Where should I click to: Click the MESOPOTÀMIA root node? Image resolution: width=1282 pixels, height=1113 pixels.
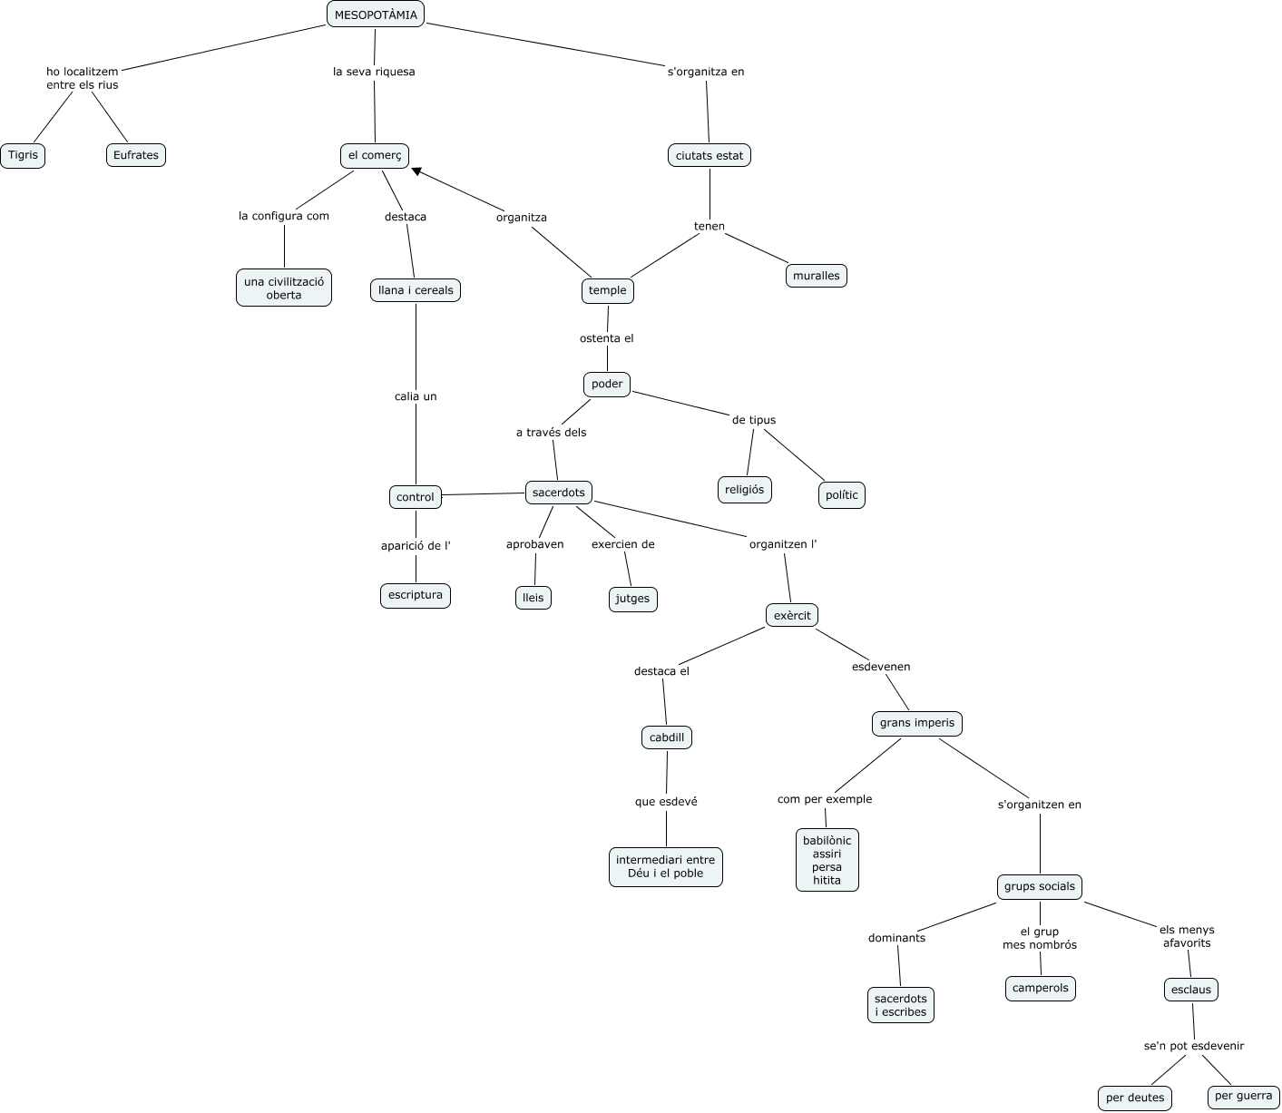point(376,14)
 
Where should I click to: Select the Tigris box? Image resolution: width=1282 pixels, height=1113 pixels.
point(23,155)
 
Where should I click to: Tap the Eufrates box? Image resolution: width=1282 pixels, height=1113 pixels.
point(136,155)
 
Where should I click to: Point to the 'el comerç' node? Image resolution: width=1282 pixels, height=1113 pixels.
point(375,155)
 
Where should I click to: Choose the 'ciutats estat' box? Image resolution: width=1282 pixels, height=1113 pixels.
point(710,155)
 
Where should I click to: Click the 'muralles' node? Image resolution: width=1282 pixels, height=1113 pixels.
point(817,275)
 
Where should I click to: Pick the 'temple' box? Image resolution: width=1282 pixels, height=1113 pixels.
point(608,290)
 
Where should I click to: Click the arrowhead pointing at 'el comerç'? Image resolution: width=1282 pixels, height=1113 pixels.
point(417,171)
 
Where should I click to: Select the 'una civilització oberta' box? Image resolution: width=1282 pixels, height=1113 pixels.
point(284,288)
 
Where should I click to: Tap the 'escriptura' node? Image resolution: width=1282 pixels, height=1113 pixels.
point(416,595)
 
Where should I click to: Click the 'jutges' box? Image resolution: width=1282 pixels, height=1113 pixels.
point(633,599)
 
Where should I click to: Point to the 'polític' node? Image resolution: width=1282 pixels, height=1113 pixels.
point(842,495)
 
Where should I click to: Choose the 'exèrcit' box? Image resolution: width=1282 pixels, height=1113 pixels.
point(792,615)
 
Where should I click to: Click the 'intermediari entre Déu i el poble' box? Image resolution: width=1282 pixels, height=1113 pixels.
point(666,866)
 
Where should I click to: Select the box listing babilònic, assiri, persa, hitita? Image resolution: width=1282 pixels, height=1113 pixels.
point(827,860)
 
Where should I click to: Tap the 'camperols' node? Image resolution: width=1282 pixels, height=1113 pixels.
point(1041,988)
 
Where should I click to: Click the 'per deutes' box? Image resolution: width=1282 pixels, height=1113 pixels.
point(1135,1098)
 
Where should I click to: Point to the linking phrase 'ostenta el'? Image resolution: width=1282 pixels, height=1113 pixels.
point(607,338)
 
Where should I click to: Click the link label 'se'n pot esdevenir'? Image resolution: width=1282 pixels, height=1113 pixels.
point(1194,1046)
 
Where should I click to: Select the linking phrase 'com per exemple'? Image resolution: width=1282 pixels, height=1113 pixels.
point(825,799)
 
